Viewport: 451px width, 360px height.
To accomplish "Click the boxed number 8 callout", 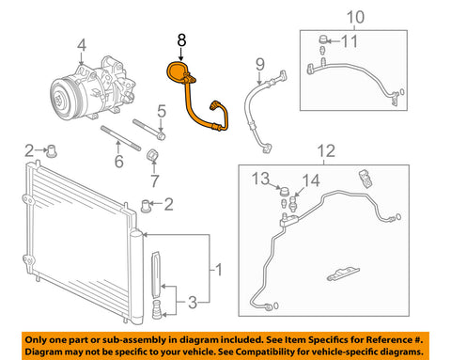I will click(182, 40).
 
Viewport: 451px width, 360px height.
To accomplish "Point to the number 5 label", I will click(161, 113).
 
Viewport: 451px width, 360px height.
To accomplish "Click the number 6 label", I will click(118, 163).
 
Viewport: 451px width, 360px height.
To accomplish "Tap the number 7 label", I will click(155, 180).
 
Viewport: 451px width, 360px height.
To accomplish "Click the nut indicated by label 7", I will click(151, 154).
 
